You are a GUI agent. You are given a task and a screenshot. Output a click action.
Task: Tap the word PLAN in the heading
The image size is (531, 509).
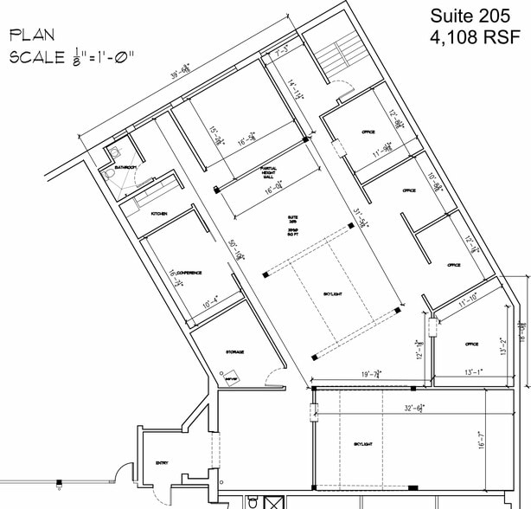tap(32, 35)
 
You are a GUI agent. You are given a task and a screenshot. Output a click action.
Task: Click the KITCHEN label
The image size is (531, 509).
tap(159, 213)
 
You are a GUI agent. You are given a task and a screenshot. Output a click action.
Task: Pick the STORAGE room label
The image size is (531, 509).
tap(234, 351)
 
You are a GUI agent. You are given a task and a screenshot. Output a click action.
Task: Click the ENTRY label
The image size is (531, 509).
tap(162, 463)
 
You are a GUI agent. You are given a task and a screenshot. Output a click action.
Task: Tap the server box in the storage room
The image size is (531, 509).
tap(231, 377)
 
